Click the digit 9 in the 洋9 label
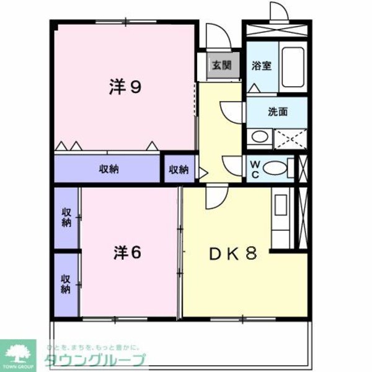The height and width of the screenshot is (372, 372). tap(135, 87)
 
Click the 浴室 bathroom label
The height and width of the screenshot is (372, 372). tap(261, 66)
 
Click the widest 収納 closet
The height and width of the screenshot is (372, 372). tap(108, 169)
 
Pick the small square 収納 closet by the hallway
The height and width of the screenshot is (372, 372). tap(179, 169)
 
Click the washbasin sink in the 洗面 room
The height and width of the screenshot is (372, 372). tap(260, 136)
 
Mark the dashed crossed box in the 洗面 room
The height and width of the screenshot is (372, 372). tap(290, 137)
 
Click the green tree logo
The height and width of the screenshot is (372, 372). tap(20, 352)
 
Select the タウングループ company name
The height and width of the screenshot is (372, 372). tap(94, 360)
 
